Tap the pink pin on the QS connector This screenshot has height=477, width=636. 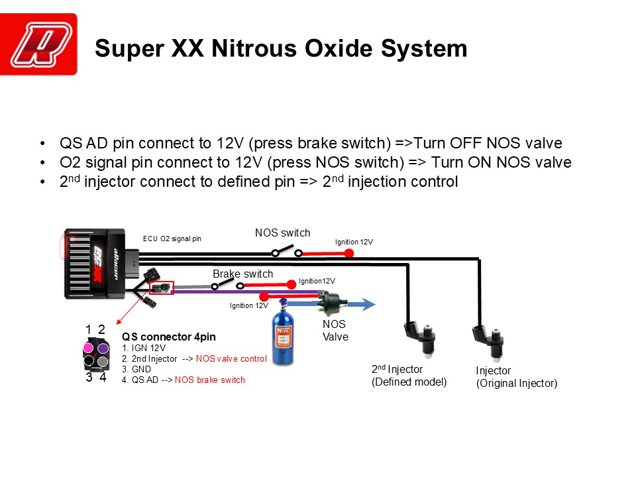pos(88,348)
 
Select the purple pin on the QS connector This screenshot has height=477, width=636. pos(103,348)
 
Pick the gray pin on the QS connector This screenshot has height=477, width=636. pos(103,362)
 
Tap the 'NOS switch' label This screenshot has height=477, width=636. pos(282,233)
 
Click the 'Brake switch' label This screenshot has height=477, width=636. pos(242,274)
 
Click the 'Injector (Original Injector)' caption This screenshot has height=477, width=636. pos(516,377)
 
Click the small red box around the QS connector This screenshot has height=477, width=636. pos(162,288)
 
